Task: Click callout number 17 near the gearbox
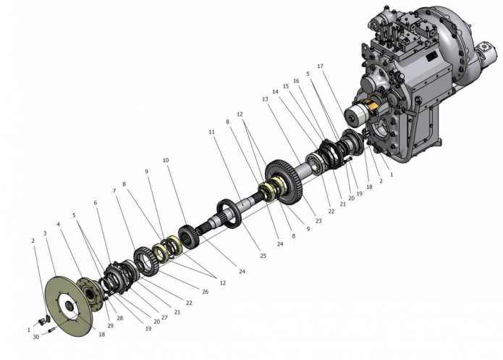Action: point(320,66)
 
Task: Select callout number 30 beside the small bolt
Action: point(36,337)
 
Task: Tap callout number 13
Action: point(265,99)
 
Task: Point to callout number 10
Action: point(166,160)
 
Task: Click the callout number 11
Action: point(211,132)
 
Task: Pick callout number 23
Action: point(318,221)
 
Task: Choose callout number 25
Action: point(263,256)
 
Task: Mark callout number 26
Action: point(206,292)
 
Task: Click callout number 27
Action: point(164,317)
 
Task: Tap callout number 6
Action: point(96,203)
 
